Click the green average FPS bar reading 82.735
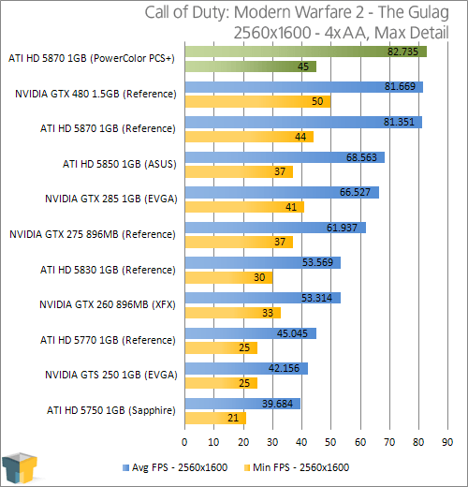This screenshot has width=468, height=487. [306, 52]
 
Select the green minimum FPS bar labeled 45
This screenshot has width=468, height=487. [251, 66]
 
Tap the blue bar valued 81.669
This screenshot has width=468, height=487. [304, 87]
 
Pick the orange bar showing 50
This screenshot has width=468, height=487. [257, 102]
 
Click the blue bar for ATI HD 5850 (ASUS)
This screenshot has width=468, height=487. [285, 157]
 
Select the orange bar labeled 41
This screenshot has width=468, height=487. [244, 207]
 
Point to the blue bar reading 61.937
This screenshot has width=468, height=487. [275, 228]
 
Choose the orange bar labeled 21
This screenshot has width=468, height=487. [215, 418]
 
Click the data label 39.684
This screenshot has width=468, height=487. [277, 404]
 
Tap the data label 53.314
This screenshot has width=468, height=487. [316, 298]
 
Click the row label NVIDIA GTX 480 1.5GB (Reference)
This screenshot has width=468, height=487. [95, 94]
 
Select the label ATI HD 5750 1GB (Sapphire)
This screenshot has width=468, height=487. [111, 410]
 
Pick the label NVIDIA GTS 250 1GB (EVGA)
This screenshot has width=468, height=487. [111, 375]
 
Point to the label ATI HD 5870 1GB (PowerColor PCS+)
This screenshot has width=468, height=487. [92, 58]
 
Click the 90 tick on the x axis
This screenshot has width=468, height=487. [447, 442]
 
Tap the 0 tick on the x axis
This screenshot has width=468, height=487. [184, 442]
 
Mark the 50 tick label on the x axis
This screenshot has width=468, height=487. [330, 442]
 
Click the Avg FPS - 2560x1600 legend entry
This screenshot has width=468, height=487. [175, 467]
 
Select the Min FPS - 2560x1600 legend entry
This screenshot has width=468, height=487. [297, 467]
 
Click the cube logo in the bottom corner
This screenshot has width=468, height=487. [20, 467]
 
